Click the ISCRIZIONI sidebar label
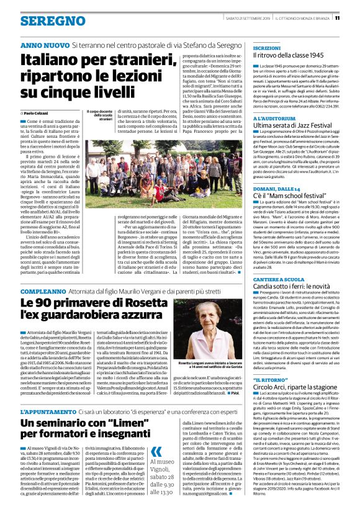[x=266, y=48]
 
